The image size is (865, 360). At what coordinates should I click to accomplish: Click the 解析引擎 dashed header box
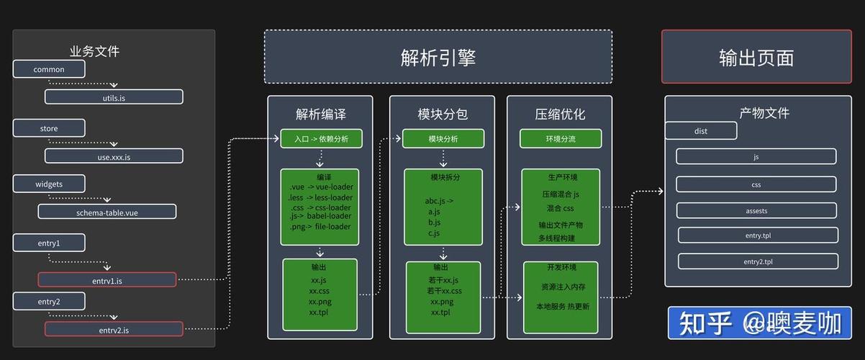pos(438,57)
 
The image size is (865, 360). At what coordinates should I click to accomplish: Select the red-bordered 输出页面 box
pos(756,57)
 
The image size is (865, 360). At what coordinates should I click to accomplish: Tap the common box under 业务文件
pos(49,69)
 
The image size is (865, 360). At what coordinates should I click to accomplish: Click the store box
pos(49,128)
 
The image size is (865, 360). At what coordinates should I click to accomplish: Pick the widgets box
pos(49,184)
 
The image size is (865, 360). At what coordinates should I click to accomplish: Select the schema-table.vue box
pos(107,212)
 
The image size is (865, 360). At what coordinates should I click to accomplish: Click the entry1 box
pos(49,243)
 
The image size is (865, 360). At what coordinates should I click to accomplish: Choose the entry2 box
pos(49,301)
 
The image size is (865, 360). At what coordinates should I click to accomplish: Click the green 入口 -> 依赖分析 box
pos(321,139)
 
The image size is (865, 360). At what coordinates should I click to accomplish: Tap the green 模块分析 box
pos(443,139)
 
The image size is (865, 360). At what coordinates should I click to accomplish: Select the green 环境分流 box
pos(561,139)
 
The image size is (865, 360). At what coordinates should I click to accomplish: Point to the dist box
pos(701,130)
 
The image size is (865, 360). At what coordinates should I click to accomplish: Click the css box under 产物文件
pos(756,184)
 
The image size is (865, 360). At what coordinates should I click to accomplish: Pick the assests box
pos(756,210)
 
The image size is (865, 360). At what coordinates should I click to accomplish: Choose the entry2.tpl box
pos(758,261)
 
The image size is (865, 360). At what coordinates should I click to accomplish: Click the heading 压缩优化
pos(560,114)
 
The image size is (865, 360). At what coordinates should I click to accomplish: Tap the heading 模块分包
pos(443,114)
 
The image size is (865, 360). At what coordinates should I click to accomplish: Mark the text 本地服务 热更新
pos(562,306)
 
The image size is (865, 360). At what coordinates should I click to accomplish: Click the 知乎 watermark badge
pos(759,323)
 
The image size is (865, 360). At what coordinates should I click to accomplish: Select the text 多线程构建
pos(557,238)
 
